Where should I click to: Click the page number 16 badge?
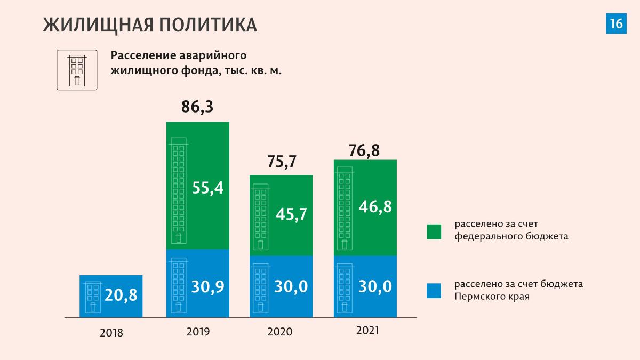[x=615, y=23]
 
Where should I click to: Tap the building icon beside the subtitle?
[x=77, y=70]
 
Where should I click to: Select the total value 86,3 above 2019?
[x=197, y=107]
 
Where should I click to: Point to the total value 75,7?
[x=281, y=161]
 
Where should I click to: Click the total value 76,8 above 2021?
[x=365, y=151]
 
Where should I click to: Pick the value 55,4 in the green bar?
[x=208, y=188]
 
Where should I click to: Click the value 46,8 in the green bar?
[x=375, y=206]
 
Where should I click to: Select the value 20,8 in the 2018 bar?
[x=121, y=294]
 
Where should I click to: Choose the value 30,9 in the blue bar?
[x=208, y=286]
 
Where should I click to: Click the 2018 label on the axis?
[x=111, y=333]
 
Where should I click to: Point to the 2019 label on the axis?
[x=198, y=331]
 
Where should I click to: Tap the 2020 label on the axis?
[x=280, y=332]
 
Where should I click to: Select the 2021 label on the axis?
[x=367, y=331]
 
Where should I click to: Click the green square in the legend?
[x=434, y=231]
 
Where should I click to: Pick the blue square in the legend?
[x=434, y=291]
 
